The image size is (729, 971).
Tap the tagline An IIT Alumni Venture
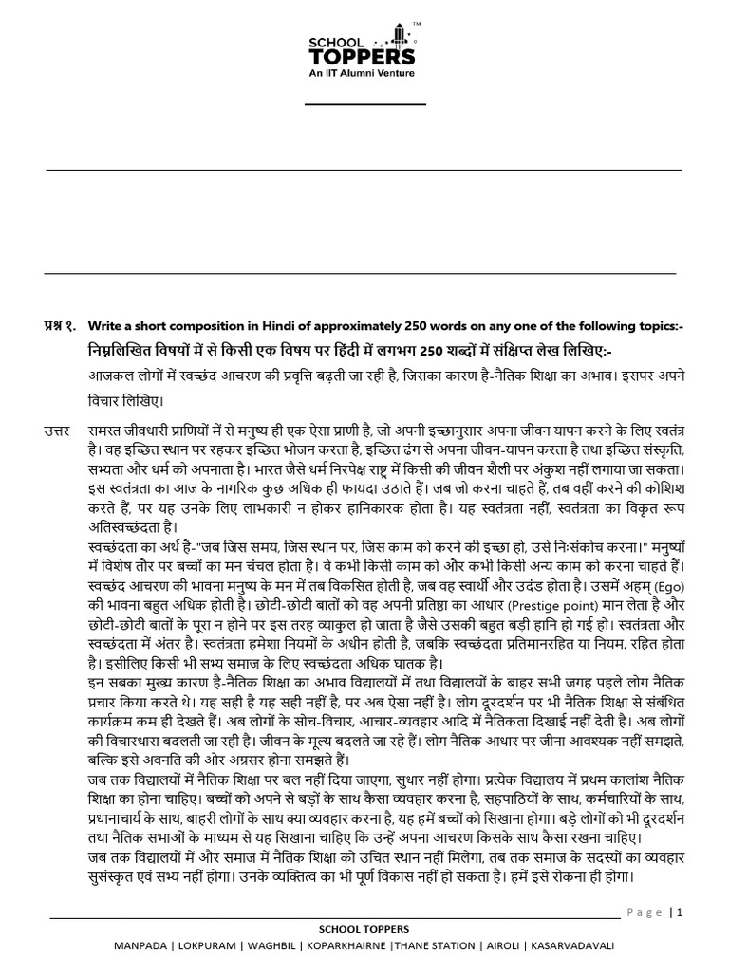point(364,71)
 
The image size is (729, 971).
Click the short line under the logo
point(365,104)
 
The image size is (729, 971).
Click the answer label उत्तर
point(59,432)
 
